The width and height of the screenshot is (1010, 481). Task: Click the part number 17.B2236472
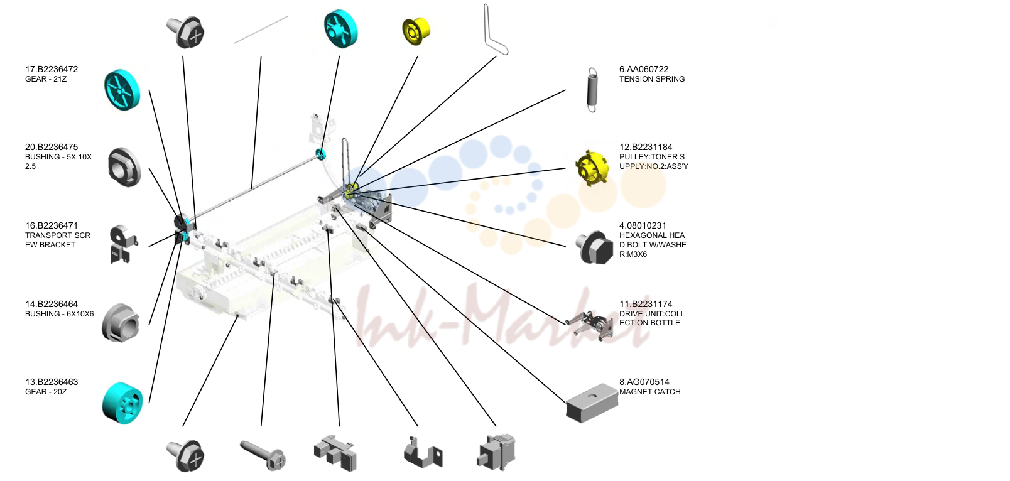[x=52, y=70]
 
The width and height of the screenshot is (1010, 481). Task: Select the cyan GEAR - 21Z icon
[x=122, y=90]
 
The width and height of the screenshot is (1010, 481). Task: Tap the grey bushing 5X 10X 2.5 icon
[x=124, y=167]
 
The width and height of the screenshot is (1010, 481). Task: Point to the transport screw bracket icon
[x=122, y=244]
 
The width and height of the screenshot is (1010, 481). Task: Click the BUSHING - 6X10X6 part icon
[x=121, y=323]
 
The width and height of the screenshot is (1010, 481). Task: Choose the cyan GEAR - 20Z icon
[x=122, y=403]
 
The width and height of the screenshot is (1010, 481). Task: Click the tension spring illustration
[x=592, y=90]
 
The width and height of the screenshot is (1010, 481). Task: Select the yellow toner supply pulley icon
[x=592, y=168]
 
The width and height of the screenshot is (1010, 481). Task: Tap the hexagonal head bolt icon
[x=595, y=247]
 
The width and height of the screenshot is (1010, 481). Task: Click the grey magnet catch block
[x=592, y=403]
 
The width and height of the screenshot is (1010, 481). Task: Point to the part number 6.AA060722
[x=643, y=70]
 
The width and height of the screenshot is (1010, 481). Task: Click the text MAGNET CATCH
[x=649, y=392]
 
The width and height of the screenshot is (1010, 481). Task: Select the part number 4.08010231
[x=643, y=225]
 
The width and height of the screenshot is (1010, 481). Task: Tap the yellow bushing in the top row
[x=416, y=31]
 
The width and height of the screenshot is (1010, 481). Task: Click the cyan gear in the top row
[x=341, y=28]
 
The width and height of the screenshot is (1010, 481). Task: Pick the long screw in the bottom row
[x=263, y=455]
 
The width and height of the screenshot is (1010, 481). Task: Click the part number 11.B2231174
[x=646, y=305]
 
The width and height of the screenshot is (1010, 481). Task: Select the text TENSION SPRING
[x=652, y=79]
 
